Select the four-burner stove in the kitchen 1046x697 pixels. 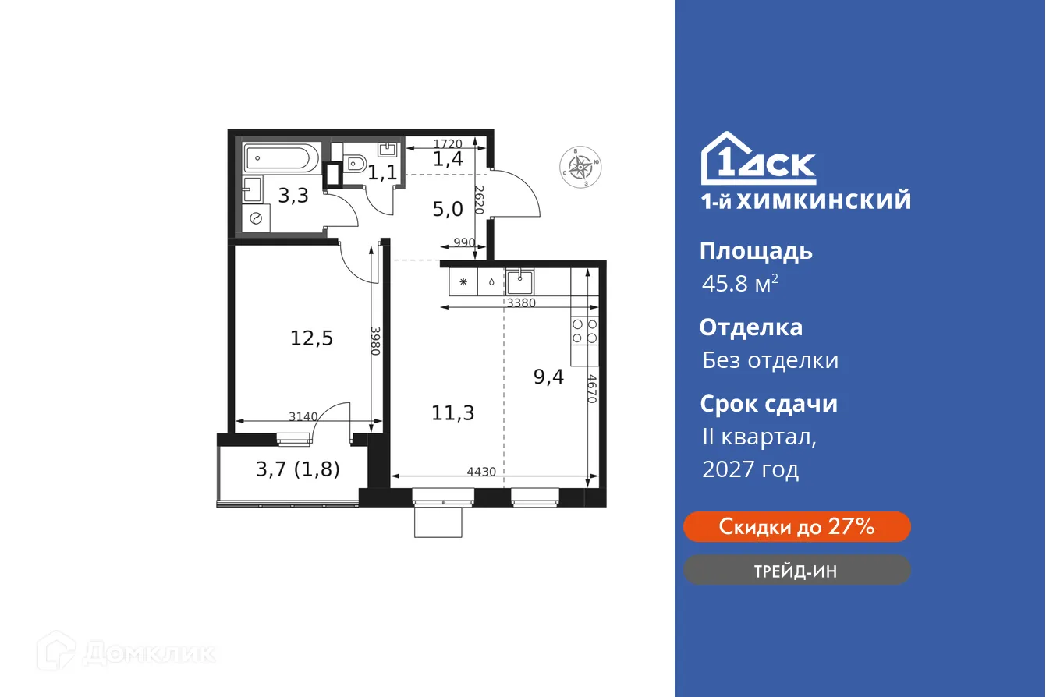pyautogui.click(x=584, y=331)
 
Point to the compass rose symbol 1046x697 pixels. pyautogui.click(x=580, y=166)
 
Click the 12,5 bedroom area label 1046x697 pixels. pyautogui.click(x=312, y=339)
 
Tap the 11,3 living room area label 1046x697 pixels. pyautogui.click(x=453, y=412)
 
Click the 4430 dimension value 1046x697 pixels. pyautogui.click(x=482, y=472)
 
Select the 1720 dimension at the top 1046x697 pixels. pyautogui.click(x=448, y=143)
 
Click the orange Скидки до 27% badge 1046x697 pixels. pyautogui.click(x=796, y=527)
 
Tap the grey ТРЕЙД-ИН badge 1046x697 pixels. pyautogui.click(x=796, y=571)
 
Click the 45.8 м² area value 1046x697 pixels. pyautogui.click(x=739, y=284)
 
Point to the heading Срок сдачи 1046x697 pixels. pyautogui.click(x=768, y=404)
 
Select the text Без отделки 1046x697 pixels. pyautogui.click(x=770, y=360)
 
